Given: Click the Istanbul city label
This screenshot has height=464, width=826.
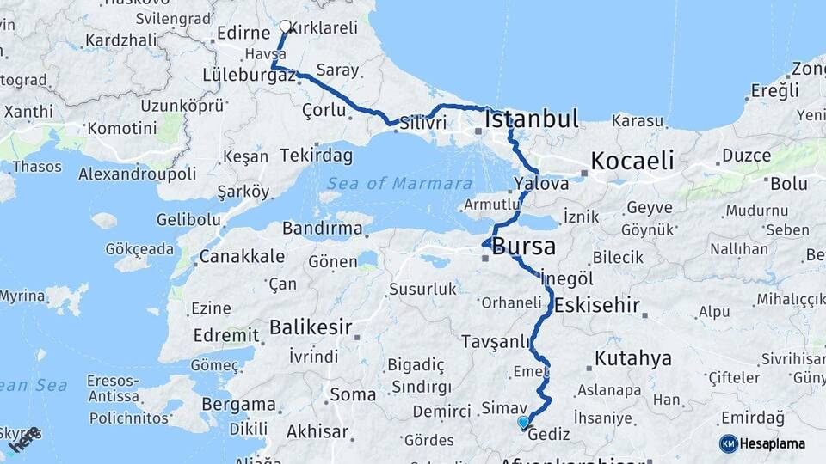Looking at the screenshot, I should point(532,119).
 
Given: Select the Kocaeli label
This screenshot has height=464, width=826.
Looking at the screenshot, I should point(632,160).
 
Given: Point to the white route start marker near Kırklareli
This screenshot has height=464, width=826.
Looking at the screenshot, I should point(286,27).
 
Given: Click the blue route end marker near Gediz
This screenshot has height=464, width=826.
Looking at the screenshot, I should point(523,422).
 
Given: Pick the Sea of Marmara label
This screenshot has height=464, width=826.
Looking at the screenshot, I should point(399,183).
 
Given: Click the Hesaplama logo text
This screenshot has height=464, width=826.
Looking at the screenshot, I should point(773,443).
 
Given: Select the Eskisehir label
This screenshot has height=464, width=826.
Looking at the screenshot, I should point(597,304).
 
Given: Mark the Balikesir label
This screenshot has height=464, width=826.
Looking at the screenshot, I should point(311,327).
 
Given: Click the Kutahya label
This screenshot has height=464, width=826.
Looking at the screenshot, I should point(632,358).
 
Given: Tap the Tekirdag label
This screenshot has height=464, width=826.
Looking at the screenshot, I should point(317,156).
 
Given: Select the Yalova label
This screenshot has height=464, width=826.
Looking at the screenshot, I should point(541,183).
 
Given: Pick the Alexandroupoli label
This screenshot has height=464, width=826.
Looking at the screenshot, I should point(138,174).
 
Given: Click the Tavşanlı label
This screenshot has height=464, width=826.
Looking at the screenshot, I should point(496,341).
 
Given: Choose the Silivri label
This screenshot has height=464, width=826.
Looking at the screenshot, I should point(422,123).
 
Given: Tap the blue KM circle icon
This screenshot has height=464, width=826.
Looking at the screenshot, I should point(728,443).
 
